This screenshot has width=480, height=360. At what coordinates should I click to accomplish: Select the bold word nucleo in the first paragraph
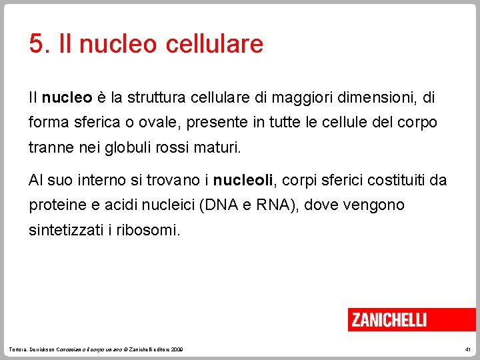tap(67, 98)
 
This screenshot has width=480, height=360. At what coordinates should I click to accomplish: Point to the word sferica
tap(86, 123)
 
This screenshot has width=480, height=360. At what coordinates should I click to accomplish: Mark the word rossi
tap(173, 147)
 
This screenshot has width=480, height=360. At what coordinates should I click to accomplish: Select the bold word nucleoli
tap(243, 180)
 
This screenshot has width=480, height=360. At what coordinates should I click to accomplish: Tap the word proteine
tap(57, 205)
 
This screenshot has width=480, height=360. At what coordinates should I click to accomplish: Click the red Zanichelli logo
tap(389, 320)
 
